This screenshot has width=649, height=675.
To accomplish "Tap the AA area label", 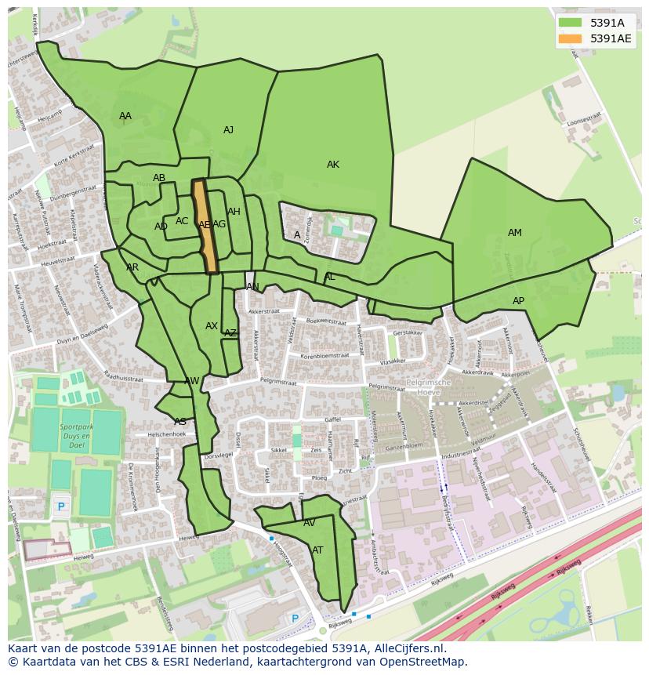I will tap(125, 116).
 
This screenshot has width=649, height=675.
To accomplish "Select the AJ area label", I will tap(228, 130).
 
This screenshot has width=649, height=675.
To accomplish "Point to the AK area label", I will tap(333, 165).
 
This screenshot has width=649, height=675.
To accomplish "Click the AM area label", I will tap(514, 233).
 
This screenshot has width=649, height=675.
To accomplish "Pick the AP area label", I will tap(518, 301).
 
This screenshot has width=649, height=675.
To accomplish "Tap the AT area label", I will tap(317, 550).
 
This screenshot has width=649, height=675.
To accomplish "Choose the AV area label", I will tap(309, 523).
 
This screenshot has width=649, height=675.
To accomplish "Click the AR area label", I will tap(132, 267).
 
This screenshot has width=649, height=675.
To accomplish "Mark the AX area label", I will tap(212, 326).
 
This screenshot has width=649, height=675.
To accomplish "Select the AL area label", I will tap(329, 277).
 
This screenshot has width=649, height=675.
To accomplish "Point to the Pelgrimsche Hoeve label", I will tap(429, 387).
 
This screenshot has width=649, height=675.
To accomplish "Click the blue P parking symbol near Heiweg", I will tap(61, 507).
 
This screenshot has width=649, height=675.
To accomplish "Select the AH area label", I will tap(234, 212).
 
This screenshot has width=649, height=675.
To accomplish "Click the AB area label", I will tap(159, 178).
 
